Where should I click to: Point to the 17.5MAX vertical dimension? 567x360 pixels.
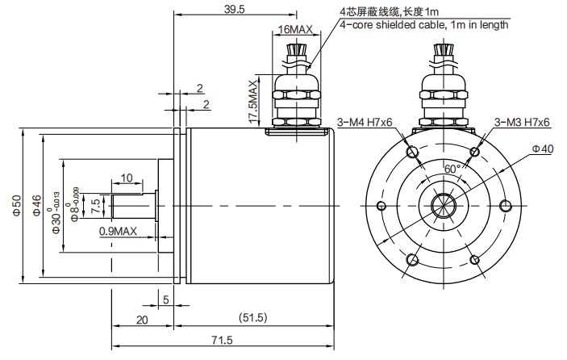tap(253, 100)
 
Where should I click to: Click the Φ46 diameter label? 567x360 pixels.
tap(36, 206)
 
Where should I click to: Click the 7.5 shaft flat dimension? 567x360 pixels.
tap(96, 204)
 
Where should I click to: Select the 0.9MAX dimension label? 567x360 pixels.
tap(118, 232)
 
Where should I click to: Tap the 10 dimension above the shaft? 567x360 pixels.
tap(127, 178)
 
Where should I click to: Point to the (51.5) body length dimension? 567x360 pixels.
tap(253, 316)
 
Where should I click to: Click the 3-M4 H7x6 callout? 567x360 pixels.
tap(364, 123)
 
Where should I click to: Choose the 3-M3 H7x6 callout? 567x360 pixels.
tap(521, 123)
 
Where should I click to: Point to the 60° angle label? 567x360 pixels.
tap(452, 169)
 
